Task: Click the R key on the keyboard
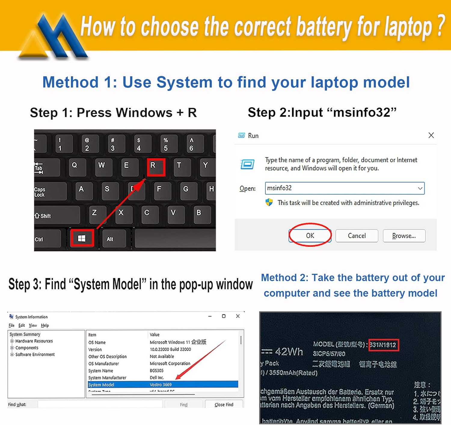click(x=156, y=167)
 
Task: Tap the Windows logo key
click(x=82, y=238)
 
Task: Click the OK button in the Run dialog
click(x=310, y=236)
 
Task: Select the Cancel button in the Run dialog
click(x=357, y=236)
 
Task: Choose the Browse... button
click(x=404, y=236)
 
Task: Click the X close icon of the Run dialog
click(x=431, y=135)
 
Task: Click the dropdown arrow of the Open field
click(x=420, y=188)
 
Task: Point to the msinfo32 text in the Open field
click(x=279, y=188)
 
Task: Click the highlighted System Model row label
click(x=101, y=385)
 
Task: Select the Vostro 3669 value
click(x=161, y=385)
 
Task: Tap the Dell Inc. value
click(x=157, y=378)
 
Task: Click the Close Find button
click(x=224, y=405)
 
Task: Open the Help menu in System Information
click(x=45, y=325)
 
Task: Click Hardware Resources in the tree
click(x=34, y=341)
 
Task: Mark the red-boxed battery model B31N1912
click(x=383, y=345)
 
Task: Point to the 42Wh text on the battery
click(x=289, y=351)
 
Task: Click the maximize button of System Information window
click(x=224, y=316)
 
